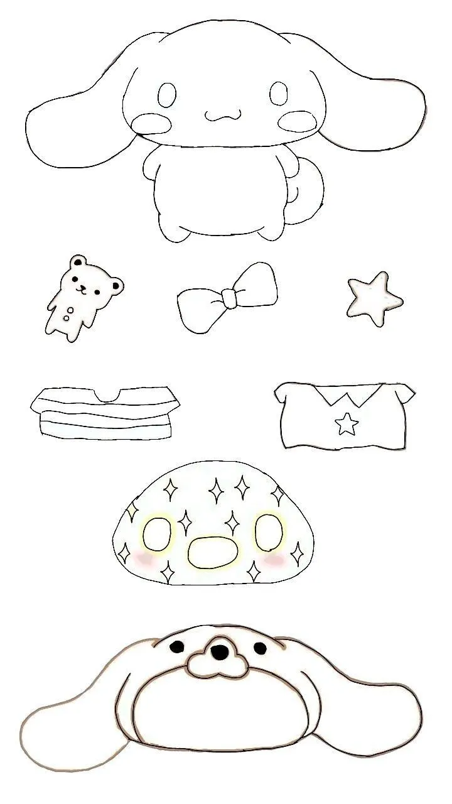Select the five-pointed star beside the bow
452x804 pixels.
374,298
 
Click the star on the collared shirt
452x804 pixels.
346,424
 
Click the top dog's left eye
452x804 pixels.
166,95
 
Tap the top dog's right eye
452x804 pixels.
278,94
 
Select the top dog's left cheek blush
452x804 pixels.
153,122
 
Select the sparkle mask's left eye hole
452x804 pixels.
157,535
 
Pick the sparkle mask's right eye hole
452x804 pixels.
270,531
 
